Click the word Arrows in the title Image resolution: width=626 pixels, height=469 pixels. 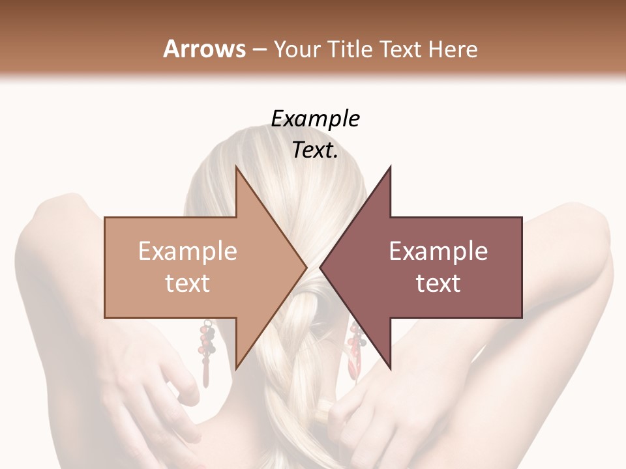click(204, 49)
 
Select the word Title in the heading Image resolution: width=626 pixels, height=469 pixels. click(346, 49)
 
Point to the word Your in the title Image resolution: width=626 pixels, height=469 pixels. click(297, 49)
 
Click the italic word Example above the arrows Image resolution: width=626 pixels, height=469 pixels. click(315, 119)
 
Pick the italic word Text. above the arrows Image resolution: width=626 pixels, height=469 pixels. click(315, 150)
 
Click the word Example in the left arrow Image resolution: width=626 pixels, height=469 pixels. click(187, 251)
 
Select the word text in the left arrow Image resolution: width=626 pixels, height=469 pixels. click(187, 283)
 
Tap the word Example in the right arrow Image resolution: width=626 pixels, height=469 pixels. click(438, 251)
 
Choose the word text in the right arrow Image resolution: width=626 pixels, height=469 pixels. click(438, 283)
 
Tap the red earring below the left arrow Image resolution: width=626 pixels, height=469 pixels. click(207, 352)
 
